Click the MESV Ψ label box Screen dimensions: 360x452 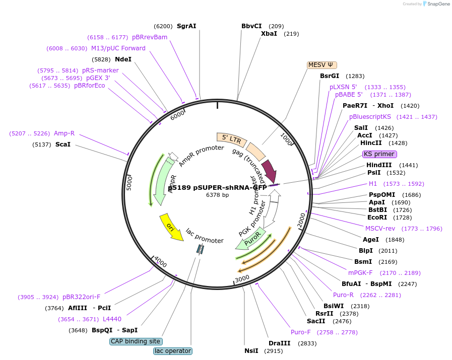coord(322,65)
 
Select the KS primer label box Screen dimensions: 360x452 coord(379,154)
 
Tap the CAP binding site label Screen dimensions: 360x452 coord(136,341)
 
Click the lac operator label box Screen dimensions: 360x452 coord(173,351)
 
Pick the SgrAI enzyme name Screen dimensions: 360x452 coord(186,26)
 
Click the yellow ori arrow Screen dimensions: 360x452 coord(170,227)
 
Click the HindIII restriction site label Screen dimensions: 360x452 coord(379,165)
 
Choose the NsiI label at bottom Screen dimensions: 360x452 coord(251,351)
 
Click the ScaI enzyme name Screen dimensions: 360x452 coord(63,145)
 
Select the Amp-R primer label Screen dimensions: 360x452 coord(64,133)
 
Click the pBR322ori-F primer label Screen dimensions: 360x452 coord(81,297)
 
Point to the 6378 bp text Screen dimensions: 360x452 coord(217,195)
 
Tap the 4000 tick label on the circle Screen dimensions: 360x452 coord(160,262)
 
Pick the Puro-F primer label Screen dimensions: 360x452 coord(301,332)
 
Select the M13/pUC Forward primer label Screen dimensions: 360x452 coord(118,48)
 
